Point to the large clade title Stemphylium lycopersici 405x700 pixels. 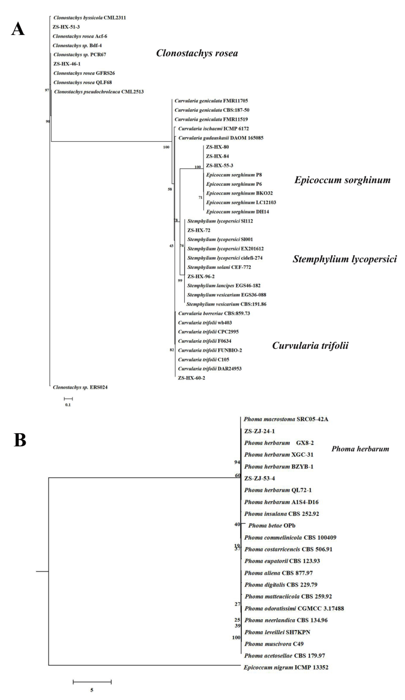click(x=344, y=259)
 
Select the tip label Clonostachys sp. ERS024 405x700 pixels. click(x=80, y=387)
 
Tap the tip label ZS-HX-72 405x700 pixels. click(x=199, y=230)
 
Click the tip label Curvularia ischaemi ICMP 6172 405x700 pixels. click(x=214, y=129)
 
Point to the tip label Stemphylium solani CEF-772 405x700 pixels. click(x=219, y=267)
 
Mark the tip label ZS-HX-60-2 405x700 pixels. click(x=191, y=378)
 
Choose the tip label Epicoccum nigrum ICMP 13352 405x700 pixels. click(x=286, y=667)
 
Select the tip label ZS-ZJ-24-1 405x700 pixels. click(x=259, y=431)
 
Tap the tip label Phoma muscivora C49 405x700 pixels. click(x=274, y=644)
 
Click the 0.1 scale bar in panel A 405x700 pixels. click(x=68, y=399)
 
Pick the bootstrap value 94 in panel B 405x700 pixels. click(x=237, y=462)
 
